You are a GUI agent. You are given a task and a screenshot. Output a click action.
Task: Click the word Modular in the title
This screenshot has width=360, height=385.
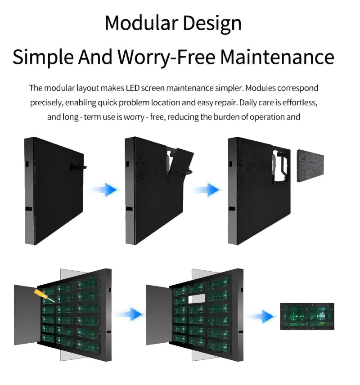pyautogui.click(x=141, y=22)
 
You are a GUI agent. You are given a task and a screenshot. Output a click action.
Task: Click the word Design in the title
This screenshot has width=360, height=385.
pyautogui.click(x=212, y=23)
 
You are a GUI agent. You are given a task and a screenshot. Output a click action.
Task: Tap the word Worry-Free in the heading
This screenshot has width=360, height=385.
pyautogui.click(x=166, y=57)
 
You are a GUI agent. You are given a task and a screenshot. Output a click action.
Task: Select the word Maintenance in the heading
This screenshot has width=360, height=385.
pyautogui.click(x=277, y=57)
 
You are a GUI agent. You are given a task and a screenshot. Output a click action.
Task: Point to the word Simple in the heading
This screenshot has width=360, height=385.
pyautogui.click(x=43, y=57)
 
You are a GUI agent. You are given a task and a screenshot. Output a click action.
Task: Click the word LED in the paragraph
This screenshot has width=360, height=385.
pyautogui.click(x=133, y=88)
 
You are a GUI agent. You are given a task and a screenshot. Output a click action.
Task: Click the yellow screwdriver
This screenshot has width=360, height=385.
pyautogui.click(x=44, y=296)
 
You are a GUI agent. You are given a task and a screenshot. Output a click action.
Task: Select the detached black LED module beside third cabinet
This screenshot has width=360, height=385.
pyautogui.click(x=310, y=166)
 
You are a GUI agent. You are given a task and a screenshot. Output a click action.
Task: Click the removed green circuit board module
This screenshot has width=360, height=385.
pyautogui.click(x=307, y=316)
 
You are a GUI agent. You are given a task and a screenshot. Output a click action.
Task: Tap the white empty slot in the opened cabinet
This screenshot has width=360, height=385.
pyautogui.click(x=196, y=298)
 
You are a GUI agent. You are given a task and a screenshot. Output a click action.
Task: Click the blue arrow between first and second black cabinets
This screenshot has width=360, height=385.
pyautogui.click(x=105, y=189)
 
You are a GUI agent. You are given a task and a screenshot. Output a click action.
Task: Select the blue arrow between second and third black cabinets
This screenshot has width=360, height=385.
pyautogui.click(x=207, y=189)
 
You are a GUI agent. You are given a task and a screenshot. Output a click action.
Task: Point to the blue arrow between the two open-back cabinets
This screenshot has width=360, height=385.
pyautogui.click(x=130, y=314)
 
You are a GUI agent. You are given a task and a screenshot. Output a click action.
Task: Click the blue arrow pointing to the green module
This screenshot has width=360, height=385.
pyautogui.click(x=261, y=316)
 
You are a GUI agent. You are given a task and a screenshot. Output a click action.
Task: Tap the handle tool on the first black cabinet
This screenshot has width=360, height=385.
pyautogui.click(x=78, y=167)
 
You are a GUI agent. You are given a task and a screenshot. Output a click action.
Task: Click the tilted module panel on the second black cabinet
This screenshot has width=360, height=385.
pyautogui.click(x=180, y=161)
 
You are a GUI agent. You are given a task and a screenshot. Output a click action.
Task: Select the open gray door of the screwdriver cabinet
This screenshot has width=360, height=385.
pyautogui.click(x=27, y=315)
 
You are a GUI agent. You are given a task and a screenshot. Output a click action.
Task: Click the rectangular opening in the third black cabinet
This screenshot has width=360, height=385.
pyautogui.click(x=281, y=167)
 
